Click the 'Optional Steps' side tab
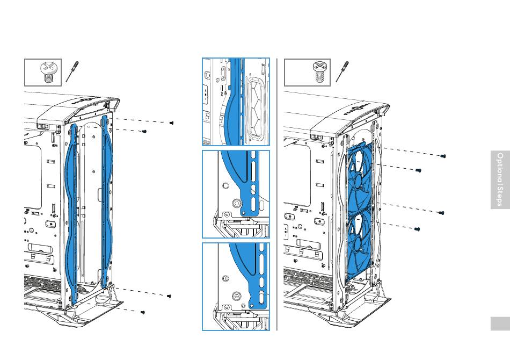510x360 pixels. click(x=500, y=179)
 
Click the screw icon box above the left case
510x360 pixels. click(x=43, y=73)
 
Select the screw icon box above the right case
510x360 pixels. click(x=303, y=73)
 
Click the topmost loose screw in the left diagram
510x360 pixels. click(x=171, y=123)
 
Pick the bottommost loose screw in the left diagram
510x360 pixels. click(x=143, y=312)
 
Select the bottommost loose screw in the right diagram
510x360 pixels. click(x=418, y=229)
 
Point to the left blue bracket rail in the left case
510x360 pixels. click(x=72, y=210)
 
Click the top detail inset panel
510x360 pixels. click(x=236, y=102)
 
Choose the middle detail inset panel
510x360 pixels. click(x=236, y=194)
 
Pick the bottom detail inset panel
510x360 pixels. click(x=236, y=286)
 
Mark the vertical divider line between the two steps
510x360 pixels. click(x=277, y=193)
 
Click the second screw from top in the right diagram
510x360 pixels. click(x=419, y=170)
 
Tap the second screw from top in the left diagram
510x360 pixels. click(x=144, y=132)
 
